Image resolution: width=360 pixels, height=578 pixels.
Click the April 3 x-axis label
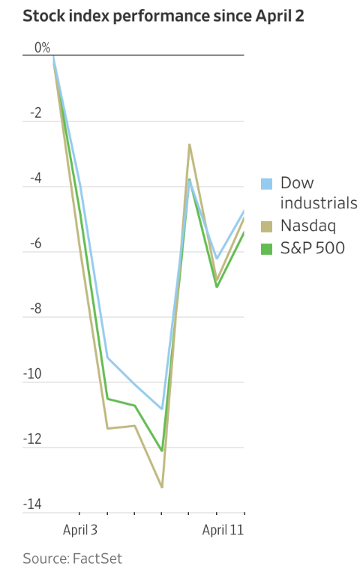(x=80, y=530)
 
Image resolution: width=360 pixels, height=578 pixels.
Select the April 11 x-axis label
(x=223, y=530)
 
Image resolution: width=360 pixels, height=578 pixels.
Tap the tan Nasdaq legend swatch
(x=266, y=226)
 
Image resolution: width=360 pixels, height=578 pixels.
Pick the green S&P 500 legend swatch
(x=266, y=247)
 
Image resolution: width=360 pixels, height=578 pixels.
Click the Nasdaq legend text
(x=308, y=226)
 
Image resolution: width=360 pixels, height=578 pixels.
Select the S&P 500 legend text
(x=313, y=247)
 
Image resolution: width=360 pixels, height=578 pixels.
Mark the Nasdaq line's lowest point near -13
(x=161, y=487)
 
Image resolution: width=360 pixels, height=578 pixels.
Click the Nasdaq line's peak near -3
(x=189, y=144)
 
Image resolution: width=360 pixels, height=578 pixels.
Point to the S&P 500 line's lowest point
(x=161, y=451)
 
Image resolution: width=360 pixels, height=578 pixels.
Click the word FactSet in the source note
(x=97, y=559)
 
